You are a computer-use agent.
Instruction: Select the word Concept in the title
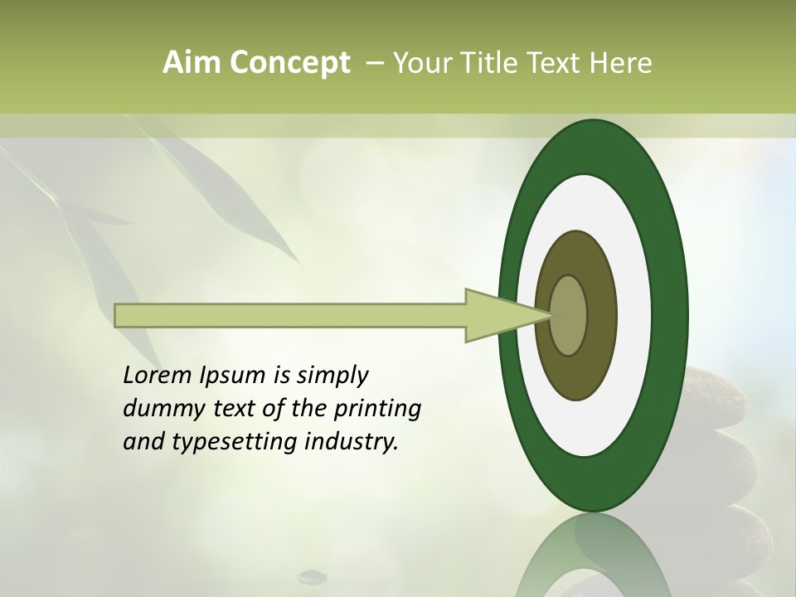[289, 62]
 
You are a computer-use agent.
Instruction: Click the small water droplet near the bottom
[313, 574]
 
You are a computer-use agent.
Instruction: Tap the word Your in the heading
[421, 62]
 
